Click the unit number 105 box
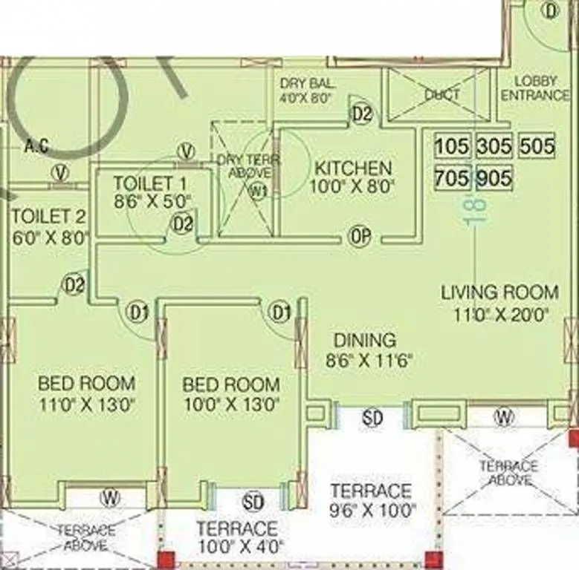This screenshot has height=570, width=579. pos(452,145)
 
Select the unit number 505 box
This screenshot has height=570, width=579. pos(537,145)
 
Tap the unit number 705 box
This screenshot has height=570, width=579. pos(452,178)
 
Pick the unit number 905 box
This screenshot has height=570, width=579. pos(494,178)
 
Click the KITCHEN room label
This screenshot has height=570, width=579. pos(352,168)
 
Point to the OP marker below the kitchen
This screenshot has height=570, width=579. pos(361,236)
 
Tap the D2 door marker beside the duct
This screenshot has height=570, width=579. pos(361,114)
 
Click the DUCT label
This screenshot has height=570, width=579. pos(442,95)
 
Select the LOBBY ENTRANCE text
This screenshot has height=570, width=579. pos(534,88)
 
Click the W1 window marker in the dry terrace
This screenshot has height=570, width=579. pos(258,191)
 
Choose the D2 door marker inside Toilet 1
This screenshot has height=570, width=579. pos(183,223)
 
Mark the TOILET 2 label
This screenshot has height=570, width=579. pos(49,217)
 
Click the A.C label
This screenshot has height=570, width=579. pos(36,146)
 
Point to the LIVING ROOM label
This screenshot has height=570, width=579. pos(499,292)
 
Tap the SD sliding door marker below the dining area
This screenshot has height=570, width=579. pos(372,418)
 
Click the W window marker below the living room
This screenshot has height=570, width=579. pos(504,417)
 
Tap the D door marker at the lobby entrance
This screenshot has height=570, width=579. pos(551,10)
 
